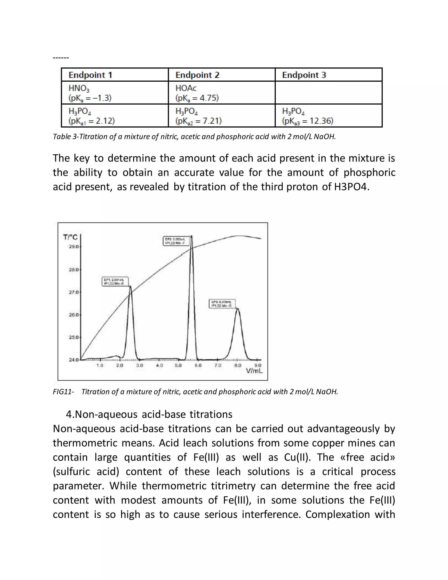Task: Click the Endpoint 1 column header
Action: tap(90, 75)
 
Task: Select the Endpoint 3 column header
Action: tap(304, 75)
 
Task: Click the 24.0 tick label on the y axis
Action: tap(74, 360)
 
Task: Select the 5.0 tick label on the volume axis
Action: tap(178, 366)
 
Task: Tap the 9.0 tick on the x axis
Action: tap(258, 366)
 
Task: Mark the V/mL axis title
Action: tap(254, 371)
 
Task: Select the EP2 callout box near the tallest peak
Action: tap(176, 241)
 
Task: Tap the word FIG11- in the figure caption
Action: tap(63, 392)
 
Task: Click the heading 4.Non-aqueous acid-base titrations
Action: tap(149, 414)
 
